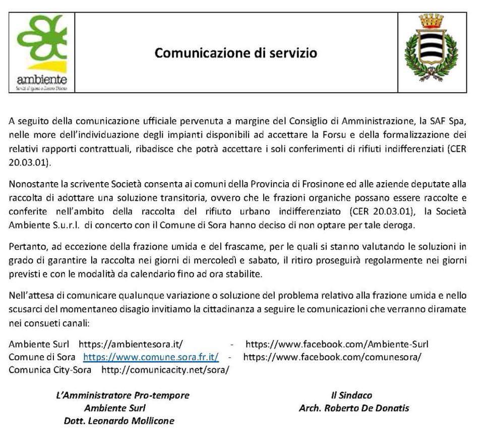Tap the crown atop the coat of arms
(x=432, y=21)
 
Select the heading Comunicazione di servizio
(x=236, y=52)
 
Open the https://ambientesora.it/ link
(x=130, y=344)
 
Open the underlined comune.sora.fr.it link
(x=151, y=357)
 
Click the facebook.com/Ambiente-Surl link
(x=337, y=344)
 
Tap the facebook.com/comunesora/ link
(x=332, y=357)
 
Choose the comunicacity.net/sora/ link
(x=165, y=369)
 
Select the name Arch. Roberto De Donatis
(x=354, y=408)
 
